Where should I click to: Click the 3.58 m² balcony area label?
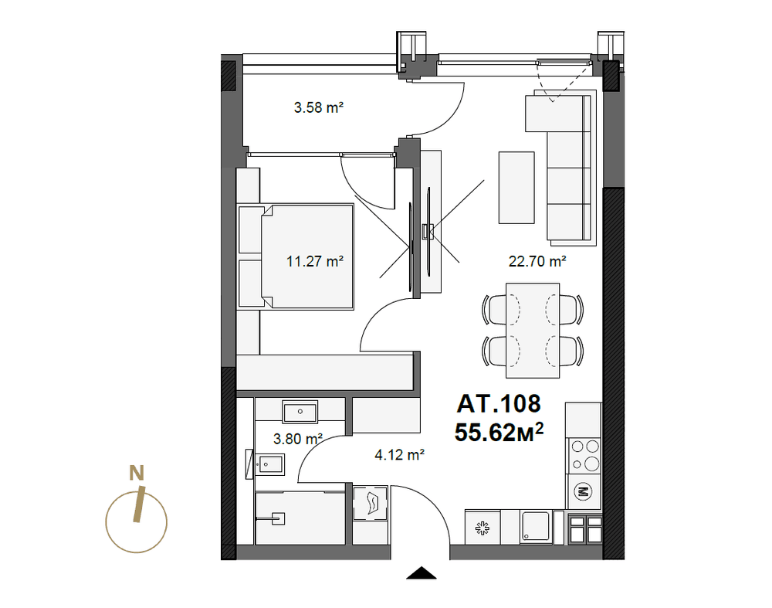(x=319, y=107)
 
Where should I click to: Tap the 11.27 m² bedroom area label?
(x=315, y=261)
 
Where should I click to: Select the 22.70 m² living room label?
(x=537, y=261)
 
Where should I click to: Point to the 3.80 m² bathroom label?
(x=298, y=439)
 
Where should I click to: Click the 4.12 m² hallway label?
(x=400, y=454)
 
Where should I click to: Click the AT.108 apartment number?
(x=499, y=403)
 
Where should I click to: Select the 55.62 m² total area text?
(x=499, y=433)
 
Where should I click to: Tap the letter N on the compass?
(x=137, y=473)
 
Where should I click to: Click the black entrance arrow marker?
(x=422, y=573)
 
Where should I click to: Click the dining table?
(x=533, y=331)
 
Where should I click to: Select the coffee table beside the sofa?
(x=516, y=188)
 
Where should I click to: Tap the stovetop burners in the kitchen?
(x=584, y=455)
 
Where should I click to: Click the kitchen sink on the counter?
(x=536, y=528)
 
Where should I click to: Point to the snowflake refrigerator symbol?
(x=482, y=528)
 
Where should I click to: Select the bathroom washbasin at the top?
(x=300, y=412)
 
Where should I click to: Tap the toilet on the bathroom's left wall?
(x=266, y=464)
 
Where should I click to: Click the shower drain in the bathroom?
(x=279, y=518)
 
